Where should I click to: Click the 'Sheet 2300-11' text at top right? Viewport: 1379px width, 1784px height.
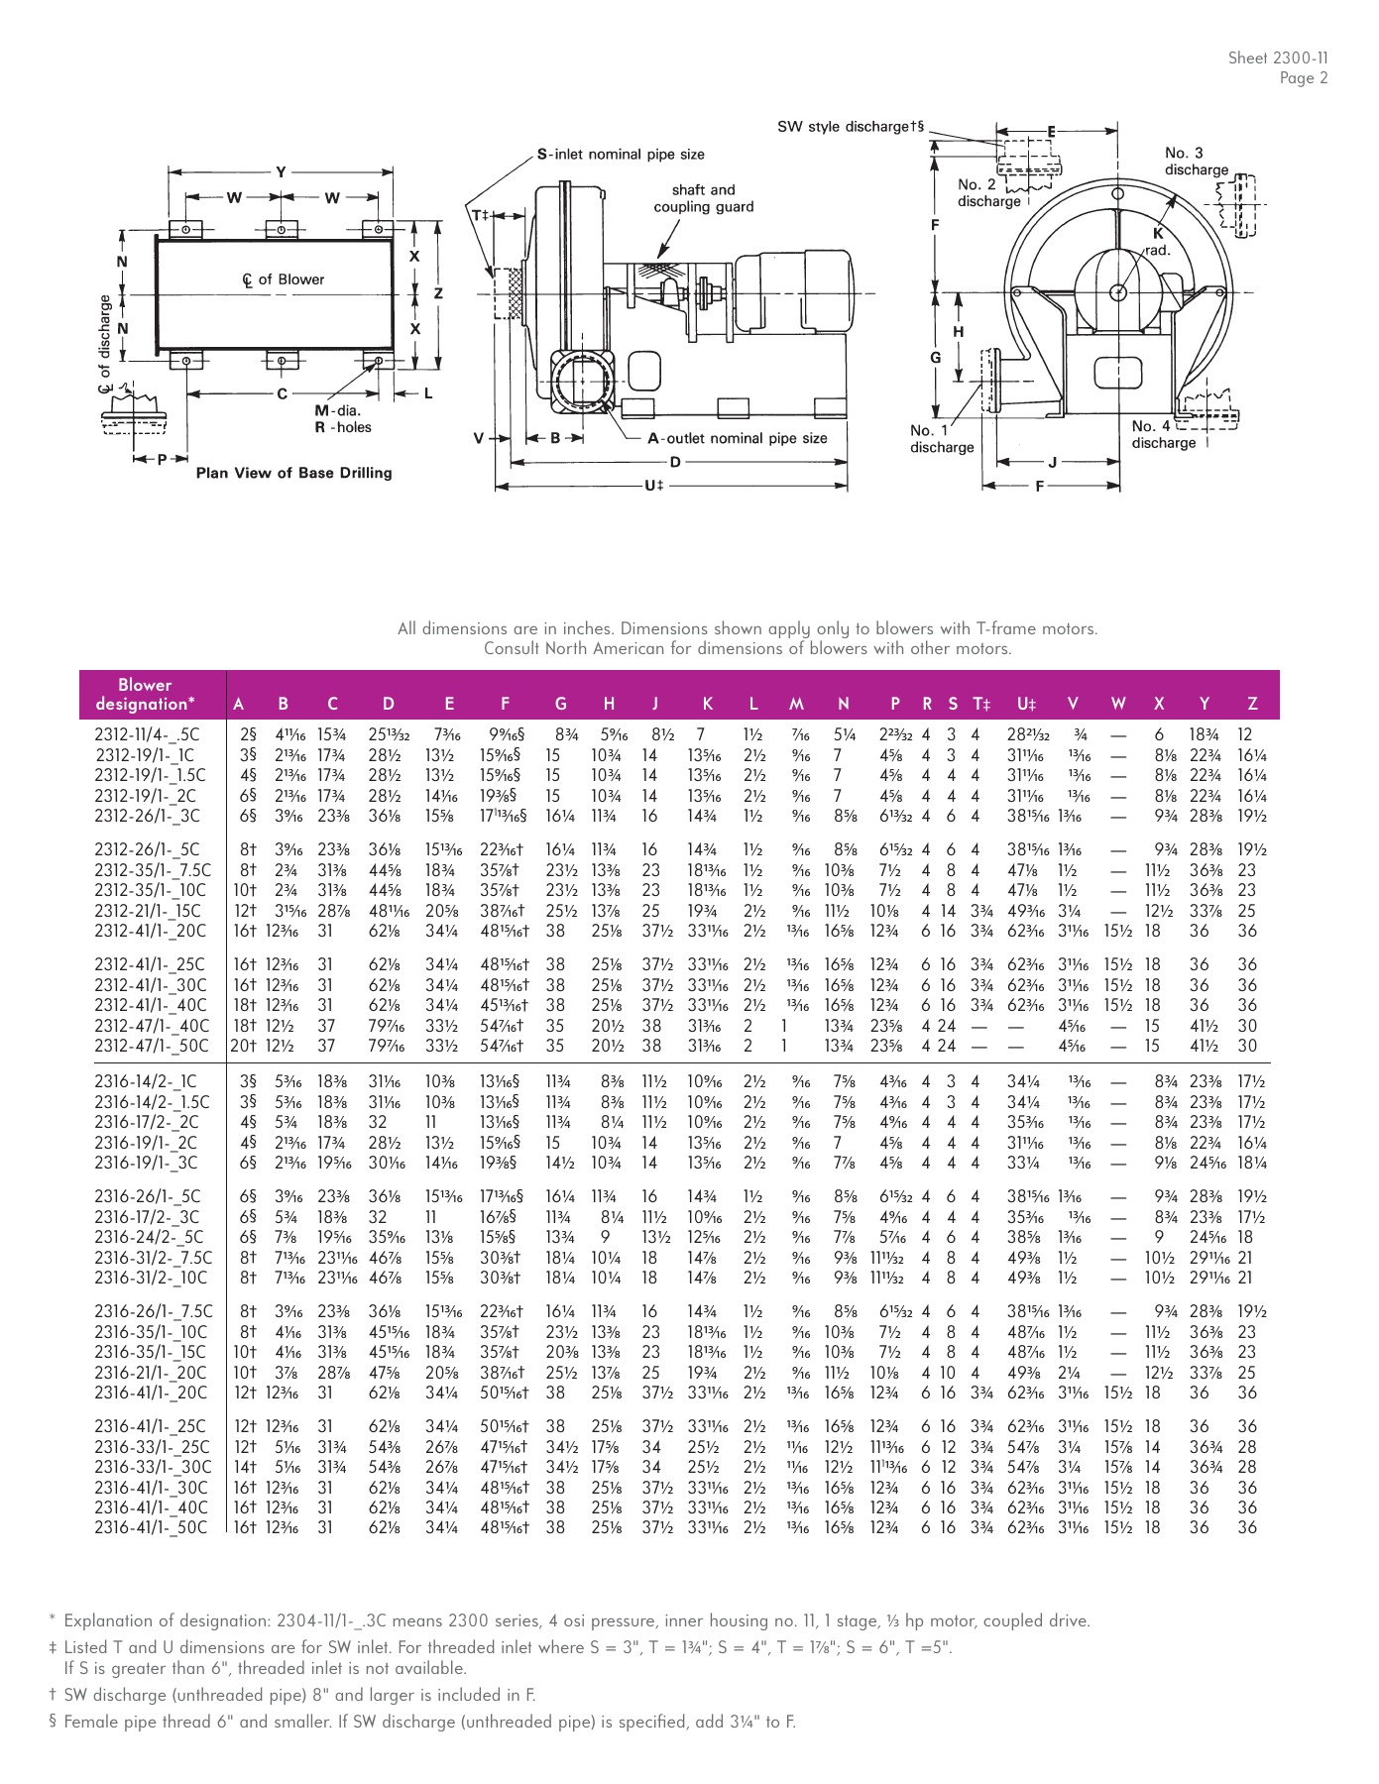pos(1277,58)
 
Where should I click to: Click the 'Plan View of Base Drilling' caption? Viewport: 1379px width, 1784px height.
pos(293,473)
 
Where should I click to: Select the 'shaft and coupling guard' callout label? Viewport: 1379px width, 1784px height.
pos(703,198)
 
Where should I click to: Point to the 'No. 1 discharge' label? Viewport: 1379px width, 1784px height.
pos(941,438)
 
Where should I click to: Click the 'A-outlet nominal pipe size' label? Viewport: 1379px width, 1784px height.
pos(738,438)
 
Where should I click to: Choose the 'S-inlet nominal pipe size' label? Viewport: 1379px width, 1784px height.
pos(621,155)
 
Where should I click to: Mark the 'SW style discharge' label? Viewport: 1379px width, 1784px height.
pos(850,127)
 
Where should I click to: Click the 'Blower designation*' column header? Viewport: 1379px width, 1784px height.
pos(145,695)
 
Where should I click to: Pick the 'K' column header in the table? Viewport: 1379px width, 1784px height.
pos(707,704)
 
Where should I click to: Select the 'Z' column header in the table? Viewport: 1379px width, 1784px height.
pos(1252,704)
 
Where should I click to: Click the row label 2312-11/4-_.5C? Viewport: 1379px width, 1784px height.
pos(147,735)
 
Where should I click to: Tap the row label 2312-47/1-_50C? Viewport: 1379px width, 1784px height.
pos(152,1046)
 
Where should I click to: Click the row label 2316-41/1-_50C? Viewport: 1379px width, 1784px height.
pos(152,1527)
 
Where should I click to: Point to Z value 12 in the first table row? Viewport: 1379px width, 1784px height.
pos(1245,735)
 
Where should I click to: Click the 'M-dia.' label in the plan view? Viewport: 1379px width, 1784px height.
pos(338,410)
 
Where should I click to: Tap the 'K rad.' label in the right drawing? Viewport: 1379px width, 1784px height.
pos(1157,243)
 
